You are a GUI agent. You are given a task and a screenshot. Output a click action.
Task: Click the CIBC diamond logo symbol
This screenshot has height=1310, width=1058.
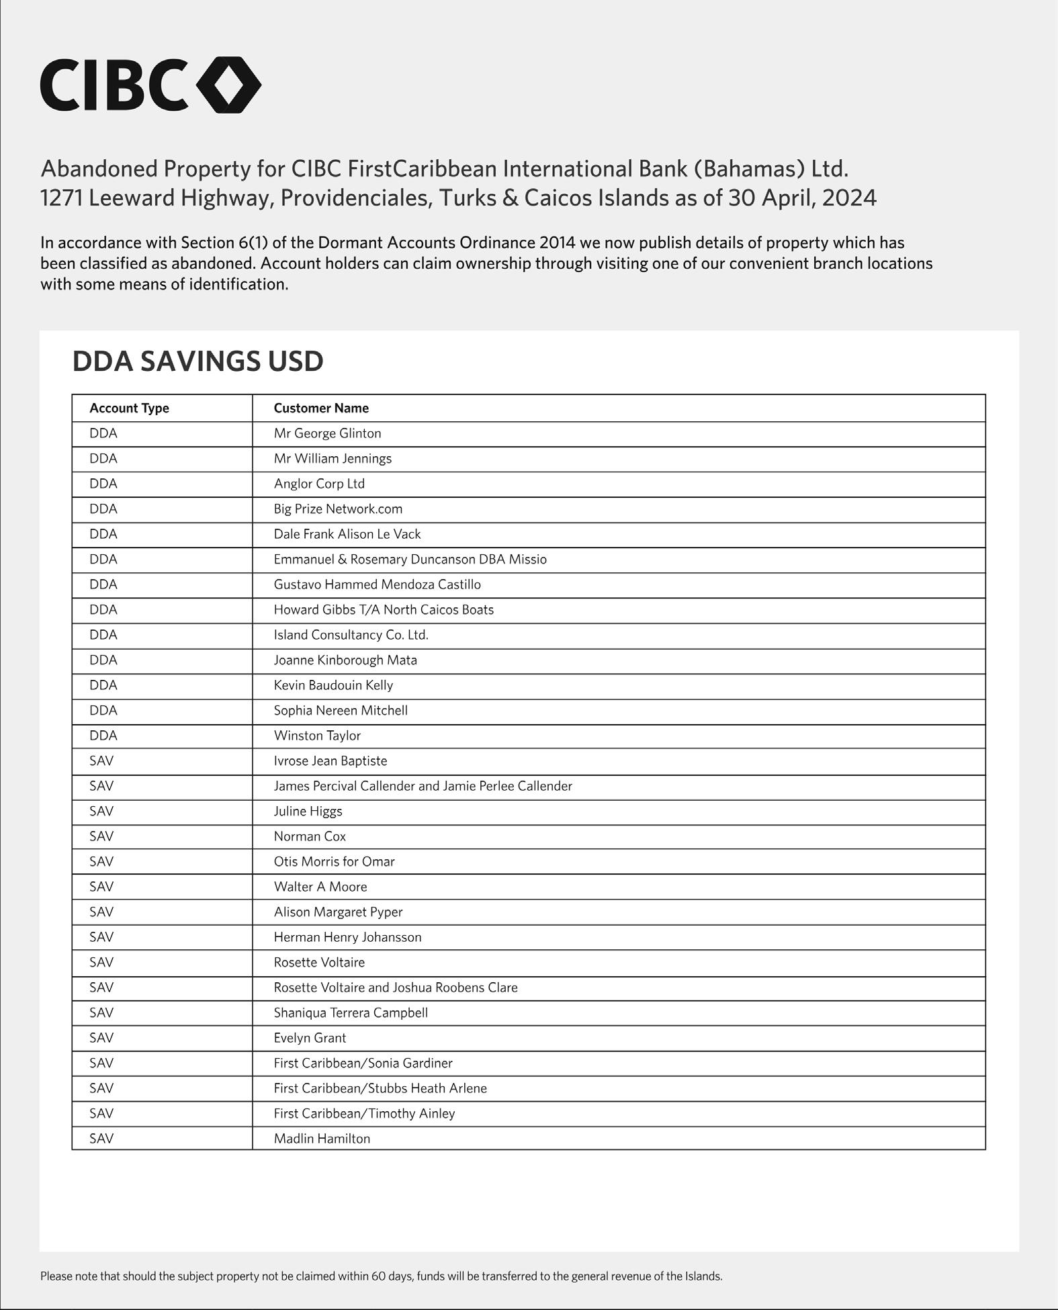(x=228, y=85)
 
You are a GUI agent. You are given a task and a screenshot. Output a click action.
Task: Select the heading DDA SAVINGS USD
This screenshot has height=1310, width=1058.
(x=197, y=361)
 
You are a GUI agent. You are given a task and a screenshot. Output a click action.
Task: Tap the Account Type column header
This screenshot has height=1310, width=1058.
(x=129, y=408)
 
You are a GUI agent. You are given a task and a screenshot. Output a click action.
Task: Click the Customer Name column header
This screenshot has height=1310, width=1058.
(x=321, y=408)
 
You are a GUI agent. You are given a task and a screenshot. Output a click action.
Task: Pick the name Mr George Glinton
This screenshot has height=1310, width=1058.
(x=327, y=434)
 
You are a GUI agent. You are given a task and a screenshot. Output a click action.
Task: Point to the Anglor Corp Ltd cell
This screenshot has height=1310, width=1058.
(x=319, y=484)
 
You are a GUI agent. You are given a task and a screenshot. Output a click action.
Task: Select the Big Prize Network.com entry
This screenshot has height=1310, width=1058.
(x=338, y=509)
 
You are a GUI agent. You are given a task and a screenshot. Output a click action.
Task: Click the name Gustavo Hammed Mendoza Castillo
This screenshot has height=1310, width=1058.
(x=377, y=585)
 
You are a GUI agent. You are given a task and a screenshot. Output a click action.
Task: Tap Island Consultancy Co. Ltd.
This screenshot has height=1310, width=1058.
(x=351, y=636)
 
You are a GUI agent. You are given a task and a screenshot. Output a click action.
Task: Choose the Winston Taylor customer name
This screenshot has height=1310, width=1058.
(x=317, y=736)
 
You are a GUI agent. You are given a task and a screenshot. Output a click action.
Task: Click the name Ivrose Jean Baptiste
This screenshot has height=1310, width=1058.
(x=330, y=761)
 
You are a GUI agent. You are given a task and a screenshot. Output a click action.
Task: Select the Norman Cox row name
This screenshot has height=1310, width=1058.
(x=310, y=837)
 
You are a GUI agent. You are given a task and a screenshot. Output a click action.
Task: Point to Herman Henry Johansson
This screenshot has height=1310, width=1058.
(x=347, y=938)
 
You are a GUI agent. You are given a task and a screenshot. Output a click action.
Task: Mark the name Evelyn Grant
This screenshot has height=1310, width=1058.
(x=310, y=1039)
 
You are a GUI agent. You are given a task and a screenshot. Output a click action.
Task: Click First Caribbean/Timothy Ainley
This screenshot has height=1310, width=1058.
(x=364, y=1114)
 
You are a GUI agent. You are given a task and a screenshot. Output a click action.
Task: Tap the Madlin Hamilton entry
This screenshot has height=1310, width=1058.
(x=322, y=1139)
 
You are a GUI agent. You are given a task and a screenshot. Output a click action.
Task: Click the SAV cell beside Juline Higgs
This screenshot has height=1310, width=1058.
(x=101, y=812)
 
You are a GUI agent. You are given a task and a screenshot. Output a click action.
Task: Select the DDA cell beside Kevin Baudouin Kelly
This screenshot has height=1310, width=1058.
(x=103, y=686)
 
